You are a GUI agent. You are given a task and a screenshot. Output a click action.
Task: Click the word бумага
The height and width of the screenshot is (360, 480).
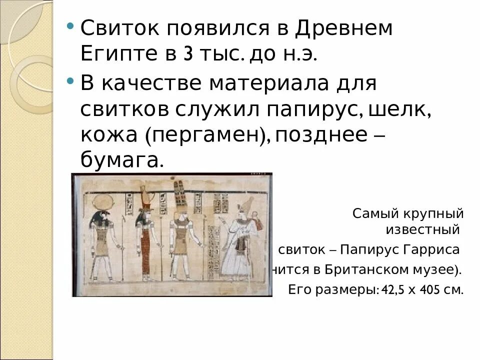tap(121, 160)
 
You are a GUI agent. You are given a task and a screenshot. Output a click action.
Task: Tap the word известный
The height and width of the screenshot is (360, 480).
tap(422, 230)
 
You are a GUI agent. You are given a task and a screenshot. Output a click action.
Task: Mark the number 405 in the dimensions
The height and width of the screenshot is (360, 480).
tap(425, 290)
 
